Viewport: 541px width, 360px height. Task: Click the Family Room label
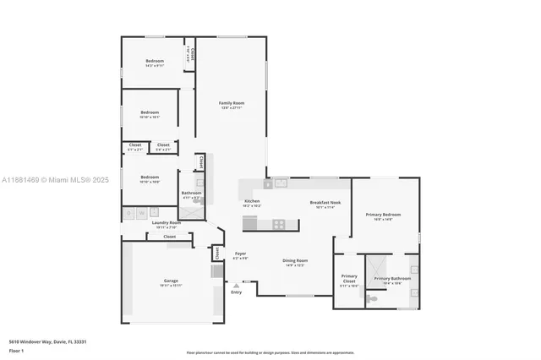pos(232,103)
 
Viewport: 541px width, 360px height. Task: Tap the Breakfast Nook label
pos(325,202)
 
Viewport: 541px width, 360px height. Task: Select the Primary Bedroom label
pos(383,215)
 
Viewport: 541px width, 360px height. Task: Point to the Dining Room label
pos(295,260)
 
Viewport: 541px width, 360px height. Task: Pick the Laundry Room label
pos(167,223)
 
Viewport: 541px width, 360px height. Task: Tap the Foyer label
pos(240,254)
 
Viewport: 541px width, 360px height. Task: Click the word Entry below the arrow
pos(236,292)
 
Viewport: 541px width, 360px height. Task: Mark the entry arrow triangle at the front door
pos(236,286)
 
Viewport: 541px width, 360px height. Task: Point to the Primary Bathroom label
pos(393,279)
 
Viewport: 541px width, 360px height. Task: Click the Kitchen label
pos(252,201)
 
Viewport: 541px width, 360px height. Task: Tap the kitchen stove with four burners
pos(279,224)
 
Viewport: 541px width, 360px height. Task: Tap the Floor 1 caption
pos(16,350)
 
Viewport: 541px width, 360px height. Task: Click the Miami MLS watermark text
pos(51,180)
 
